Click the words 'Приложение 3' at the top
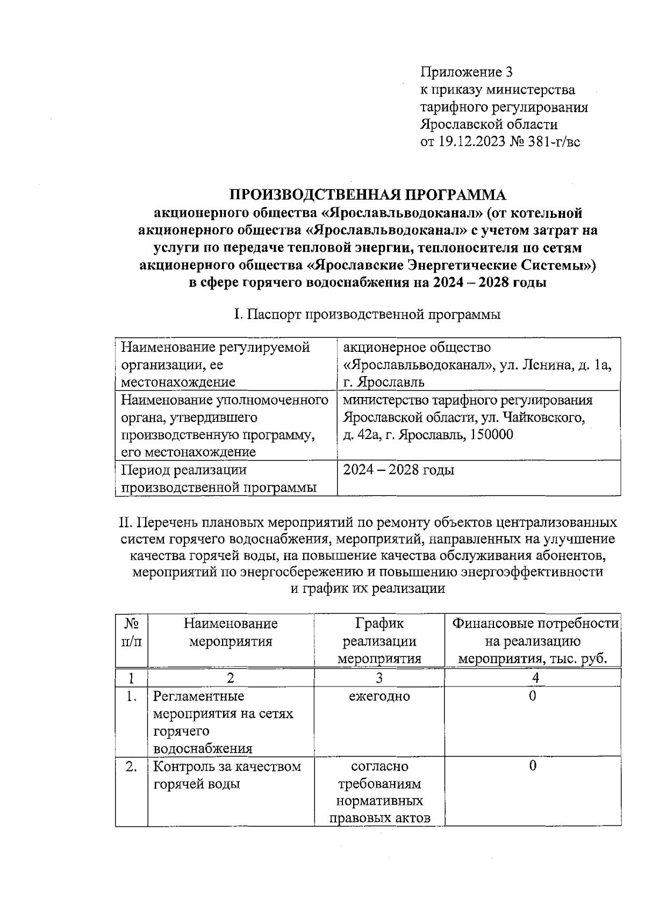pyautogui.click(x=467, y=72)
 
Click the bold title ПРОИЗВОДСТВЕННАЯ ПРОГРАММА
pyautogui.click(x=368, y=194)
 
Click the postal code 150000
pyautogui.click(x=484, y=435)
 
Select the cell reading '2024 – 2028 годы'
pyautogui.click(x=399, y=470)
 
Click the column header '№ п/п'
pyautogui.click(x=132, y=632)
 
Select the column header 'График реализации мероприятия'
pyautogui.click(x=379, y=641)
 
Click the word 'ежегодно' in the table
pyautogui.click(x=379, y=697)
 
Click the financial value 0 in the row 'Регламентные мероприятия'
pyautogui.click(x=533, y=697)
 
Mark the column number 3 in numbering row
pyautogui.click(x=379, y=677)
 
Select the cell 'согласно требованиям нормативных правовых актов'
pyautogui.click(x=379, y=792)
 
